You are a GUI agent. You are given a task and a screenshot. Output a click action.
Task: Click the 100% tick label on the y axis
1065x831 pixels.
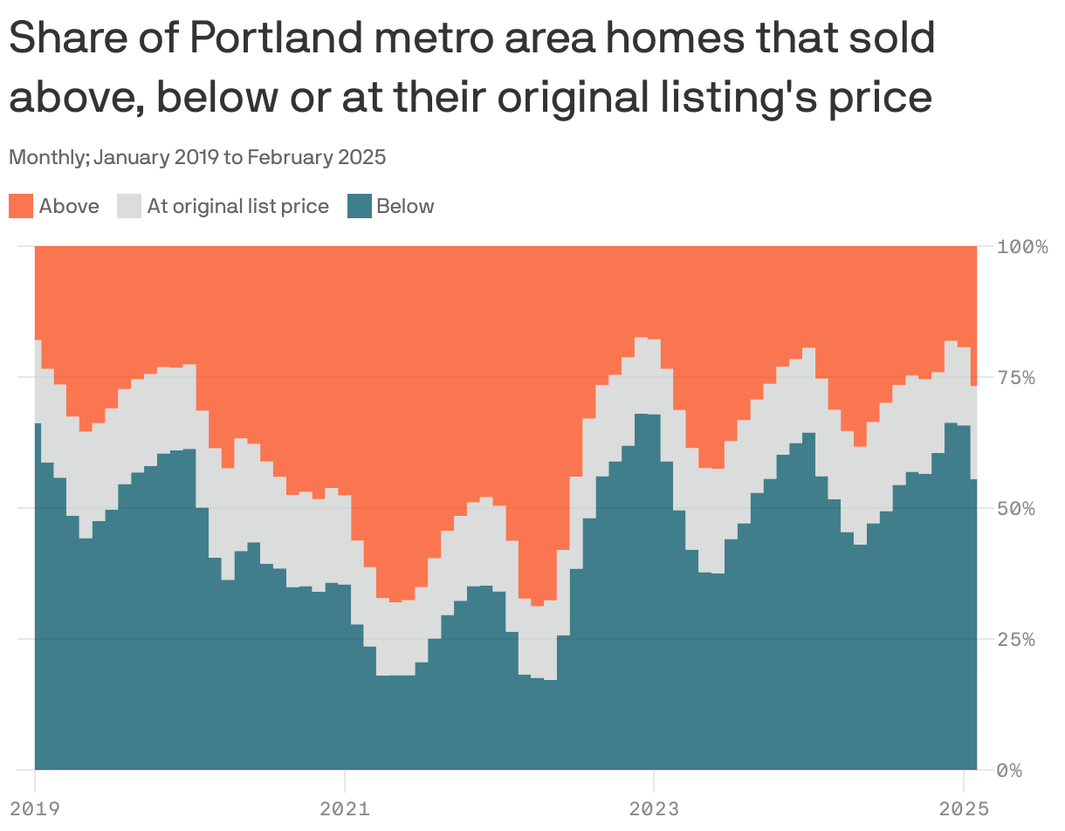pos(1022,247)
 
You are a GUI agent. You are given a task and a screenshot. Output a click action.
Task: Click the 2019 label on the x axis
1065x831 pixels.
pos(35,808)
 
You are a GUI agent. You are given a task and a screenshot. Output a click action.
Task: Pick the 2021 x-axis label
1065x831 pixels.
pos(344,808)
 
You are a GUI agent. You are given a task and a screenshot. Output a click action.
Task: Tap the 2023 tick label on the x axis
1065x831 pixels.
pos(653,808)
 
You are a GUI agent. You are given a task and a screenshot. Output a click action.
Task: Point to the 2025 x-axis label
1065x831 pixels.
pos(963,808)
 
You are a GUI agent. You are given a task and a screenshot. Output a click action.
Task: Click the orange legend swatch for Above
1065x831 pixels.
pos(21,207)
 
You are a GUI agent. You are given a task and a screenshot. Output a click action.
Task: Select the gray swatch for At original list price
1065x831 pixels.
pos(129,207)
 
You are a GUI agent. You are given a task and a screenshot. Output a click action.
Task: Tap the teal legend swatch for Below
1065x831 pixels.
pos(360,207)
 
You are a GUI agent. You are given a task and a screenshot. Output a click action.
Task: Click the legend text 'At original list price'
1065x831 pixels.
pos(237,207)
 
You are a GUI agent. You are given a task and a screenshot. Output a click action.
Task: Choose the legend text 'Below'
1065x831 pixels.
pos(405,207)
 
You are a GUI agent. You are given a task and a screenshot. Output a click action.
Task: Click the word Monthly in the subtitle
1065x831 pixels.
pos(48,158)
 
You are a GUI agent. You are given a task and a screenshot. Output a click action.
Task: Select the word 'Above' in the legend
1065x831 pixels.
pos(69,207)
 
